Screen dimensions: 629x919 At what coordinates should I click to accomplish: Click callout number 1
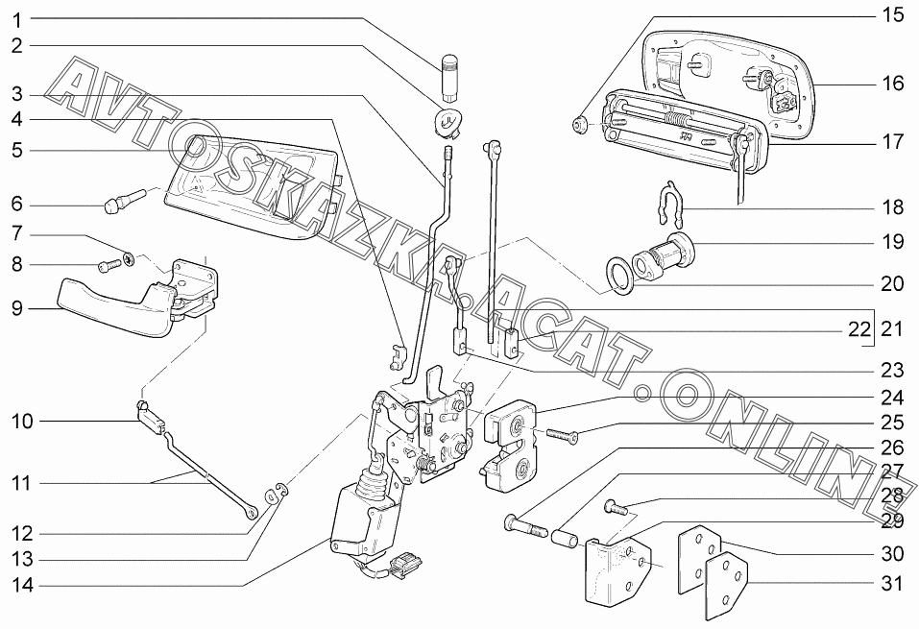pos(18,18)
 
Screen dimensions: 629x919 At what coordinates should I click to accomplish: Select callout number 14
pos(22,585)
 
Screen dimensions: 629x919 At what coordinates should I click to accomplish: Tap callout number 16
pos(892,84)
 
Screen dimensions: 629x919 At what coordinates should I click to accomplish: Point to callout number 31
pos(892,583)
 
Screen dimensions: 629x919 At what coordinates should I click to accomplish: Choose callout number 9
pos(18,309)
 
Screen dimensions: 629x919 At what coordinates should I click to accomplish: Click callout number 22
pos(859,329)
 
